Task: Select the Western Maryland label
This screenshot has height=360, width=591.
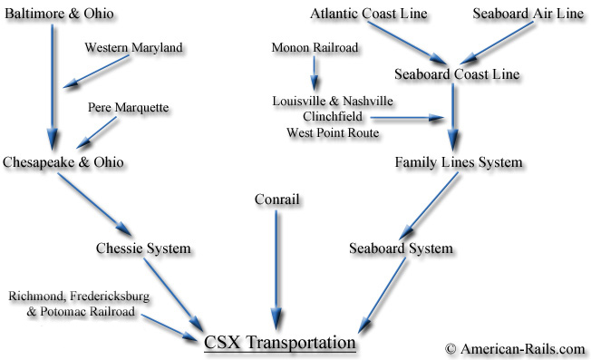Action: point(133,46)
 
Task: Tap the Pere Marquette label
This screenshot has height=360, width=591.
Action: point(129,108)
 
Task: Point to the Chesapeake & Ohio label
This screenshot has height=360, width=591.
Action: point(63,161)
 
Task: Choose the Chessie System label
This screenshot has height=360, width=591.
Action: point(144,248)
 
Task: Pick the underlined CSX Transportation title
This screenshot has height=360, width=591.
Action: point(279,342)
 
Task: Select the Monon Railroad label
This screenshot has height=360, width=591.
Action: point(314,46)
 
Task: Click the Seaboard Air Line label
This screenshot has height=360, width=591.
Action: point(528,15)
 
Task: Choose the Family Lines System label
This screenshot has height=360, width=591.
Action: point(458,162)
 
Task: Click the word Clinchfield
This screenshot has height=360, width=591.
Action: point(333,116)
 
